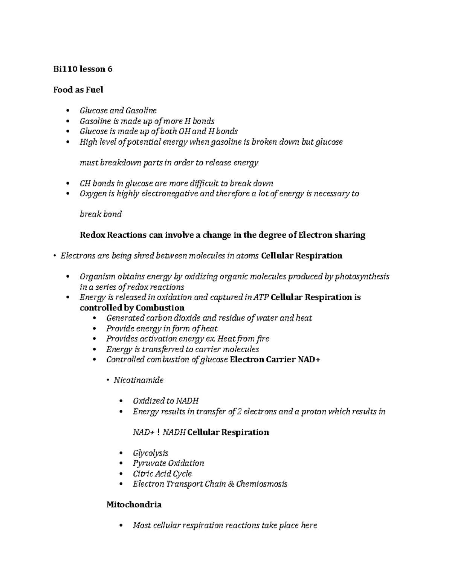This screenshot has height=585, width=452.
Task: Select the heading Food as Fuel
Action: [x=78, y=90]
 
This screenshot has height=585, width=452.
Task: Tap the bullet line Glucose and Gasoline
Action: [x=118, y=111]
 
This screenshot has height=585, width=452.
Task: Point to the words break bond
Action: [x=101, y=214]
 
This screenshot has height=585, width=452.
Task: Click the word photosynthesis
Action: [x=362, y=276]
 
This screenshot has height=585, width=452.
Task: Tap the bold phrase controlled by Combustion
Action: [x=132, y=307]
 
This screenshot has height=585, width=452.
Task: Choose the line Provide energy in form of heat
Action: [x=162, y=328]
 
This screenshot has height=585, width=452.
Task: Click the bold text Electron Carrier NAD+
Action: [x=275, y=359]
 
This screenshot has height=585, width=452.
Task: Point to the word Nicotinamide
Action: [x=139, y=380]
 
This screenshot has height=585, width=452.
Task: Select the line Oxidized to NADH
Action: [x=165, y=401]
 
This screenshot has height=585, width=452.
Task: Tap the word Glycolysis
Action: [x=150, y=453]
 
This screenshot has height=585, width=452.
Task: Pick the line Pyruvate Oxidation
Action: [x=168, y=463]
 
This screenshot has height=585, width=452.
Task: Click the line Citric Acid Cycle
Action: [x=162, y=473]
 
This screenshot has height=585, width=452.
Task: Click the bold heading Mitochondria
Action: [x=134, y=504]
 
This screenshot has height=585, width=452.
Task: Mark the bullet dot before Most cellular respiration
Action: [x=121, y=525]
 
